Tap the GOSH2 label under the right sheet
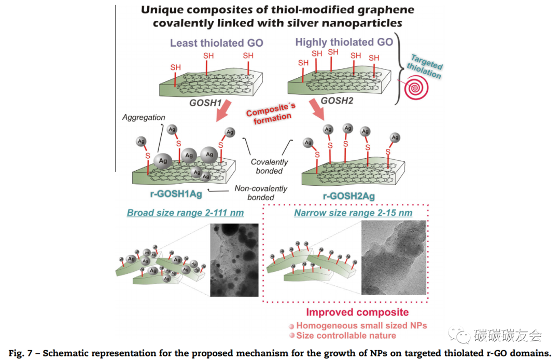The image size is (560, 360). coord(337,101)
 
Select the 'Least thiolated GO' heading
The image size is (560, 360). coord(216,43)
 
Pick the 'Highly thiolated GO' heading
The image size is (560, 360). coord(344,42)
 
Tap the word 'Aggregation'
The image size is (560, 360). coord(144,118)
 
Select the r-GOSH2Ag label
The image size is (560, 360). coord(348,196)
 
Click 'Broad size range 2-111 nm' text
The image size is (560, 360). coord(185,213)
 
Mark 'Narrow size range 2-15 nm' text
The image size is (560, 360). coord(353,213)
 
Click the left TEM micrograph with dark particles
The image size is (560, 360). coord(234,259)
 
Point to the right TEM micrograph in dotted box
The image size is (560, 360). coord(394,258)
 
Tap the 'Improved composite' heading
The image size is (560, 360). coord(357,312)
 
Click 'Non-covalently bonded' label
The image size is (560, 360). coord(261,192)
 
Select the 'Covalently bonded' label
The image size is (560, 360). coord(269,166)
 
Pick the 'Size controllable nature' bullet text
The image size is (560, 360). coord(346,336)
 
